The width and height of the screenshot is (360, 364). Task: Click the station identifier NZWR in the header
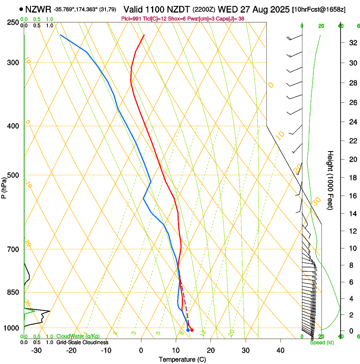click(x=38, y=9)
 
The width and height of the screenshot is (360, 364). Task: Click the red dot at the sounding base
click(x=192, y=330)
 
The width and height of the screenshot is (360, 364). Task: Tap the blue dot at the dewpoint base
click(x=188, y=330)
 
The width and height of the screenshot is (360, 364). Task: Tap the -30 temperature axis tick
click(x=36, y=350)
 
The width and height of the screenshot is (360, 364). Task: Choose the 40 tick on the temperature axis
click(x=280, y=350)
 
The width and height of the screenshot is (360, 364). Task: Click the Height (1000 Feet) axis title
click(x=331, y=180)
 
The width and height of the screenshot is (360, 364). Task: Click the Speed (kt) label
click(x=322, y=342)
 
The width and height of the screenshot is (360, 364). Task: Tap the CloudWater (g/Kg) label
click(x=78, y=336)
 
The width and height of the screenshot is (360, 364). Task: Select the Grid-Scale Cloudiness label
click(x=82, y=342)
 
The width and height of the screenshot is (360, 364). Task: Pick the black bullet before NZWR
click(x=21, y=9)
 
